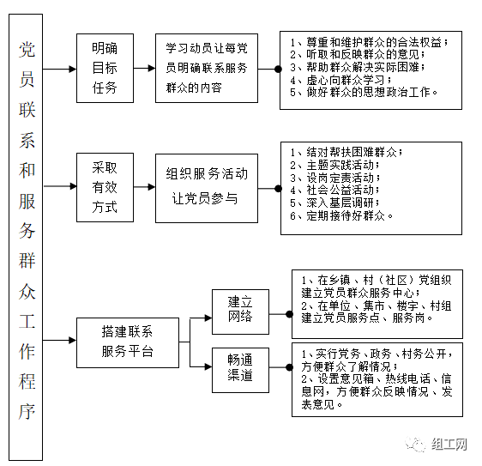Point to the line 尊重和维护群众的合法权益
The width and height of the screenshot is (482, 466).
pos(369,42)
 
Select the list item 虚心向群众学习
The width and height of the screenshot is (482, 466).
pos(340,80)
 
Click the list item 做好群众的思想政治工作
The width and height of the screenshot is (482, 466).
pos(364,93)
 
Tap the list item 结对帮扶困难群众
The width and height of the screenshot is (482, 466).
pos(346,152)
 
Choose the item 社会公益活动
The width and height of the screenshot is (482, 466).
pos(334,191)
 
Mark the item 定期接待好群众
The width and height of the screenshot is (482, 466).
pos(341,215)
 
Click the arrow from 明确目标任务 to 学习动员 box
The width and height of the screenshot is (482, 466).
pos(144,69)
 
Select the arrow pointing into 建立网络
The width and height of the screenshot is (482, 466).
pos(201,318)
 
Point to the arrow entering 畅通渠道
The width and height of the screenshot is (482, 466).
pos(201,366)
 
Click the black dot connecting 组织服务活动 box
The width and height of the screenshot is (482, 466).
pos(278,189)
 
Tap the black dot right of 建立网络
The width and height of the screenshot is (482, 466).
pos(289,314)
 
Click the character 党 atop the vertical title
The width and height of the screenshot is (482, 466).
pos(27,49)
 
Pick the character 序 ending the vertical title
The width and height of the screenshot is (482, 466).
pos(27,412)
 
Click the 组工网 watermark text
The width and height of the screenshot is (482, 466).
pos(449,445)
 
